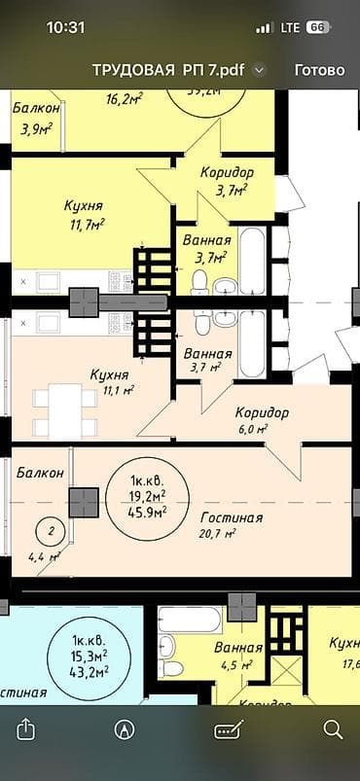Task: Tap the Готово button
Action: tap(319, 70)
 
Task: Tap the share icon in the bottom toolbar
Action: tap(27, 728)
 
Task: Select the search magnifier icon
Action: tap(333, 728)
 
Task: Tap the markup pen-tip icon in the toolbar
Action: tap(125, 728)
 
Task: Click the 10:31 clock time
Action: tap(66, 28)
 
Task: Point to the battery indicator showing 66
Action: tap(317, 28)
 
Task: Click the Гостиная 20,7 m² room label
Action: tap(232, 524)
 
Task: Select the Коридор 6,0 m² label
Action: tap(261, 419)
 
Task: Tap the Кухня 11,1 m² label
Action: tap(111, 380)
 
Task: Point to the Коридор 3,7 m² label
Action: tap(228, 180)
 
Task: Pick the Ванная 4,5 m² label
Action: tap(238, 656)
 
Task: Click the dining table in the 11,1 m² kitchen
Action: tap(65, 409)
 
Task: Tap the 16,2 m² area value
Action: tap(124, 97)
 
